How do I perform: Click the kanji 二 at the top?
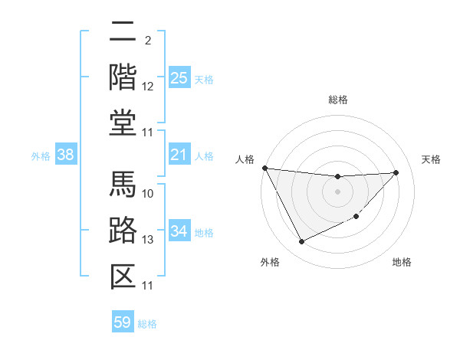click(x=123, y=33)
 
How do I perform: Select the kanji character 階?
click(x=123, y=77)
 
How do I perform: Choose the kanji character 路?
click(x=123, y=231)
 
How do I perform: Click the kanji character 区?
click(x=123, y=275)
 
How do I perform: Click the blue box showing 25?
click(x=179, y=78)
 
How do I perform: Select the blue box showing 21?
click(x=179, y=155)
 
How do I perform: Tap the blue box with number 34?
click(x=179, y=231)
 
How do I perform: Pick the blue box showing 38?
click(x=66, y=155)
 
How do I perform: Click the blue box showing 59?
click(x=123, y=322)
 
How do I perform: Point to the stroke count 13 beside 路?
click(x=148, y=240)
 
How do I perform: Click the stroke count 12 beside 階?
click(x=148, y=87)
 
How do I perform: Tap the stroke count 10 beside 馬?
click(x=148, y=193)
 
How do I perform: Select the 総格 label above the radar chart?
click(x=337, y=100)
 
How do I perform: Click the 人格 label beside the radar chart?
click(x=245, y=159)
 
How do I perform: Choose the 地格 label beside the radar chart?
click(x=402, y=263)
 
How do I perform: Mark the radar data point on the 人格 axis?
click(x=264, y=168)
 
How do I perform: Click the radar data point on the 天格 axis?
click(x=396, y=172)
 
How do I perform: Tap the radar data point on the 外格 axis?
click(x=301, y=242)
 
